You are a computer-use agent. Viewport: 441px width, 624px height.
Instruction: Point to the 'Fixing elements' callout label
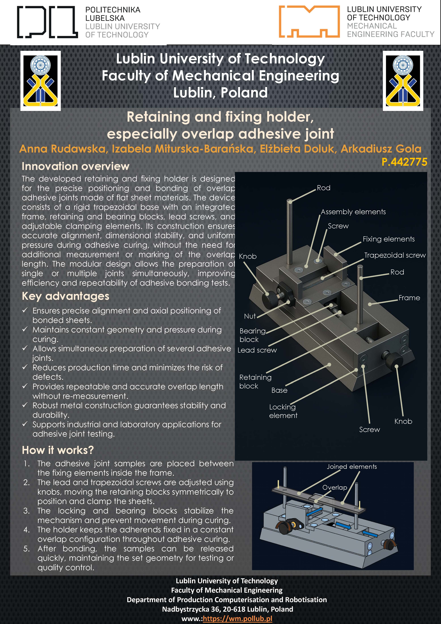coord(389,239)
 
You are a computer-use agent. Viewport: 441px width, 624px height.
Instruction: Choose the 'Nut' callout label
coord(250,316)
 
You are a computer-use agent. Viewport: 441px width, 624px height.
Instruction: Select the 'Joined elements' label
coord(352,467)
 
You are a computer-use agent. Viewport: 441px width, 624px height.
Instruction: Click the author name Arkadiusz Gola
coord(381,149)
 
